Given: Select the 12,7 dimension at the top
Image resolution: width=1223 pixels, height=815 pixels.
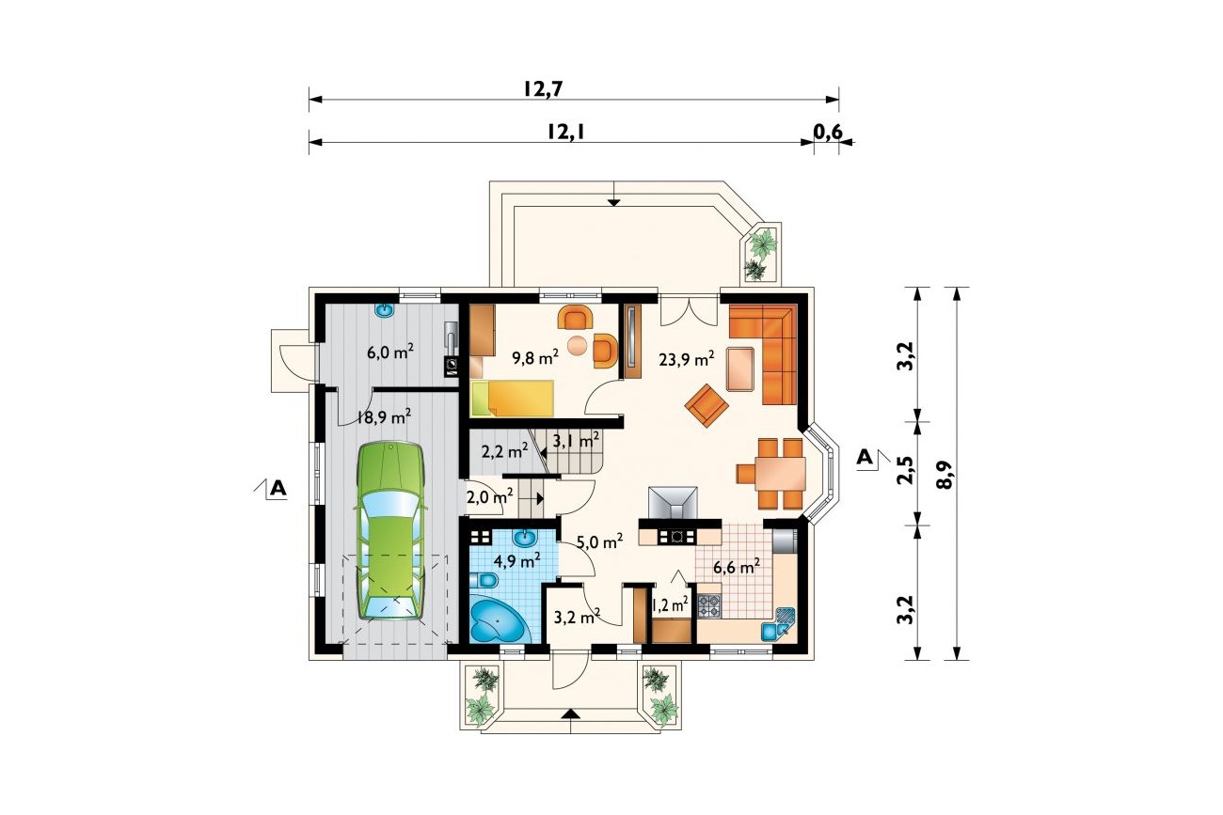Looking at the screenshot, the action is tap(543, 89).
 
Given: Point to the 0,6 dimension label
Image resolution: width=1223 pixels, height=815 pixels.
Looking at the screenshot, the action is tap(828, 132).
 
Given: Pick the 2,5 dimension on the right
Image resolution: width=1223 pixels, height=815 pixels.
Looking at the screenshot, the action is tap(905, 470).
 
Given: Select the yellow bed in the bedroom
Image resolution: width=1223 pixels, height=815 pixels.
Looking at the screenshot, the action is tap(512, 398).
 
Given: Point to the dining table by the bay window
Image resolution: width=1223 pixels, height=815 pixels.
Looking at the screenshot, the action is tap(781, 474).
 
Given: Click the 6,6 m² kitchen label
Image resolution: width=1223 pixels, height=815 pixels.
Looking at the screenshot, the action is tap(737, 567).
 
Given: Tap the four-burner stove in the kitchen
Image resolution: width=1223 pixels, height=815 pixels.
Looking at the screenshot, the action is tap(709, 606).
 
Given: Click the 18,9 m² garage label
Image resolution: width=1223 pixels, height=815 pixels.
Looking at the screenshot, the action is tap(384, 417).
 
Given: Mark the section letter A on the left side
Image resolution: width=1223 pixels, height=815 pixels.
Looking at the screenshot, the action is tap(278, 488).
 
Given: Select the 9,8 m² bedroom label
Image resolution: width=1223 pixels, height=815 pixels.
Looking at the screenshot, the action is tap(535, 357).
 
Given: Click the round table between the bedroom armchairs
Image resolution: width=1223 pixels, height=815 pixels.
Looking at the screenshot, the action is tap(578, 345).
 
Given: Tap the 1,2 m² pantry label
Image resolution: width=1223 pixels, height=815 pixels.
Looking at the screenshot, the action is tap(670, 603).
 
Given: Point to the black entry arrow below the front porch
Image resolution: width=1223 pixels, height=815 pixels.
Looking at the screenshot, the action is tap(570, 713).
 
